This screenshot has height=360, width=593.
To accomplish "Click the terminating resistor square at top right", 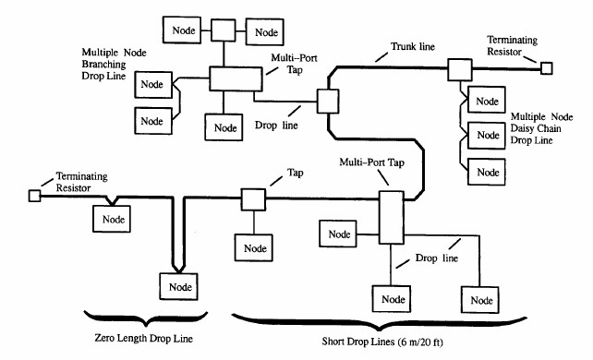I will coord(547,67).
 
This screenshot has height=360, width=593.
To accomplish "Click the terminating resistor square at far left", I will coord(35,196).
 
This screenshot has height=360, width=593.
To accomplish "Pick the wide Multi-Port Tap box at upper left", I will coord(230,78).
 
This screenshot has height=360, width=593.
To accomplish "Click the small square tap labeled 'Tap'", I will coord(253,199).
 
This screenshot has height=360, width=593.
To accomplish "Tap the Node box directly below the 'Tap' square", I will coord(253,246).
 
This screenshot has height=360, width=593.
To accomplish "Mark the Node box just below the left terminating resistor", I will coord(110,220).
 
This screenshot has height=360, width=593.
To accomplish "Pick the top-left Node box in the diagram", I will coord(181,30).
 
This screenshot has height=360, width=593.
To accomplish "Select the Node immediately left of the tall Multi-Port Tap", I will coord(339,234).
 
